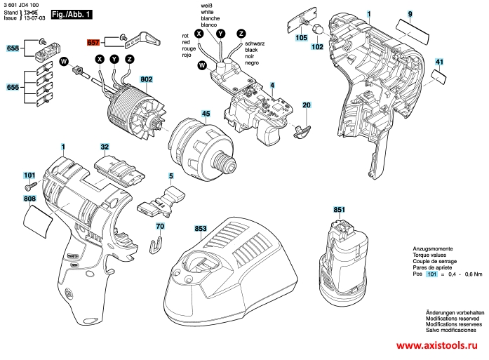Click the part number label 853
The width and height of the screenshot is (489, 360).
point(200,229)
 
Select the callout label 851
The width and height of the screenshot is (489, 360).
point(339,210)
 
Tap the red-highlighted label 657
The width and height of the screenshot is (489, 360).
point(94,43)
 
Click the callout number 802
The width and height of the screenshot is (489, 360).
point(146,79)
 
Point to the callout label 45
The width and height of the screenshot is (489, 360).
point(206,113)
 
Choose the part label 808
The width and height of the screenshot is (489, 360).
point(29,199)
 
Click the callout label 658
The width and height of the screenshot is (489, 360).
point(13,48)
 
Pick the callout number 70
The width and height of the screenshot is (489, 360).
point(160,226)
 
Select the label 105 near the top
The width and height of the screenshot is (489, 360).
point(302,38)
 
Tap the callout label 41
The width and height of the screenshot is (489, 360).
point(439,63)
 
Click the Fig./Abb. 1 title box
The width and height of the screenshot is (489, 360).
point(71,14)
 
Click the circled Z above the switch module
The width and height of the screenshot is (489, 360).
point(241,33)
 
